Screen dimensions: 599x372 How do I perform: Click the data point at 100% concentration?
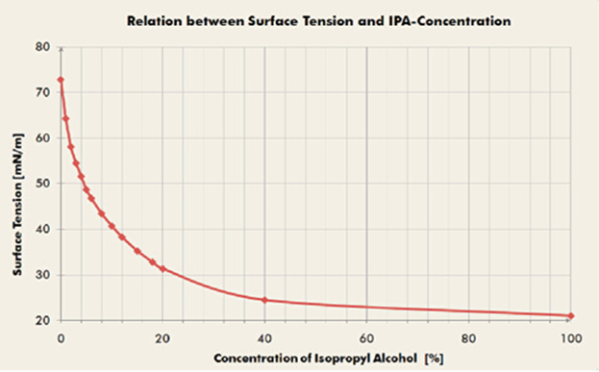click(571, 316)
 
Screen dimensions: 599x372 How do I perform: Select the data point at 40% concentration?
click(264, 300)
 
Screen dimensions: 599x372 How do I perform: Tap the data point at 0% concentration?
click(61, 80)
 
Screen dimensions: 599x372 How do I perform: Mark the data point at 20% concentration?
click(162, 269)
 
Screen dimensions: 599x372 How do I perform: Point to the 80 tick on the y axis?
click(43, 47)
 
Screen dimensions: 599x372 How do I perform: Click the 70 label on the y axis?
click(43, 92)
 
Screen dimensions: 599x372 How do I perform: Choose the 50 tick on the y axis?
click(43, 184)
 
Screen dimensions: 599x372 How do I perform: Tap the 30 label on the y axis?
click(43, 275)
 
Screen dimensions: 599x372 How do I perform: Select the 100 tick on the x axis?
click(571, 338)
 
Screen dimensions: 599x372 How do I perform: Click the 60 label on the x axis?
click(366, 338)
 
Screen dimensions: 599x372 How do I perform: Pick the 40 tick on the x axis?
click(264, 338)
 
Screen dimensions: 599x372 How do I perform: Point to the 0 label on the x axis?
click(61, 338)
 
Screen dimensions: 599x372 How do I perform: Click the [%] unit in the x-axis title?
click(434, 359)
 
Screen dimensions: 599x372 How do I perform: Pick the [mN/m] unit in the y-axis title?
click(18, 156)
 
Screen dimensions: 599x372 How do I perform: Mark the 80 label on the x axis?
click(469, 338)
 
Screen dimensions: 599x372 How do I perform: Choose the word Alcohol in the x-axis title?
click(398, 359)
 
